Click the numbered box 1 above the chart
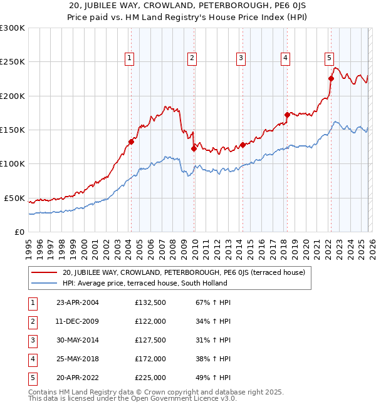(x=129, y=58)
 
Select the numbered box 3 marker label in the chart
(x=241, y=58)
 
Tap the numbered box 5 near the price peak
(x=329, y=58)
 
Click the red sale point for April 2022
(x=331, y=78)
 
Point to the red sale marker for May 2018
(x=287, y=115)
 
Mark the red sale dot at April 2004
(x=131, y=142)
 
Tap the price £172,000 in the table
(x=150, y=359)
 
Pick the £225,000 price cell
(x=150, y=378)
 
